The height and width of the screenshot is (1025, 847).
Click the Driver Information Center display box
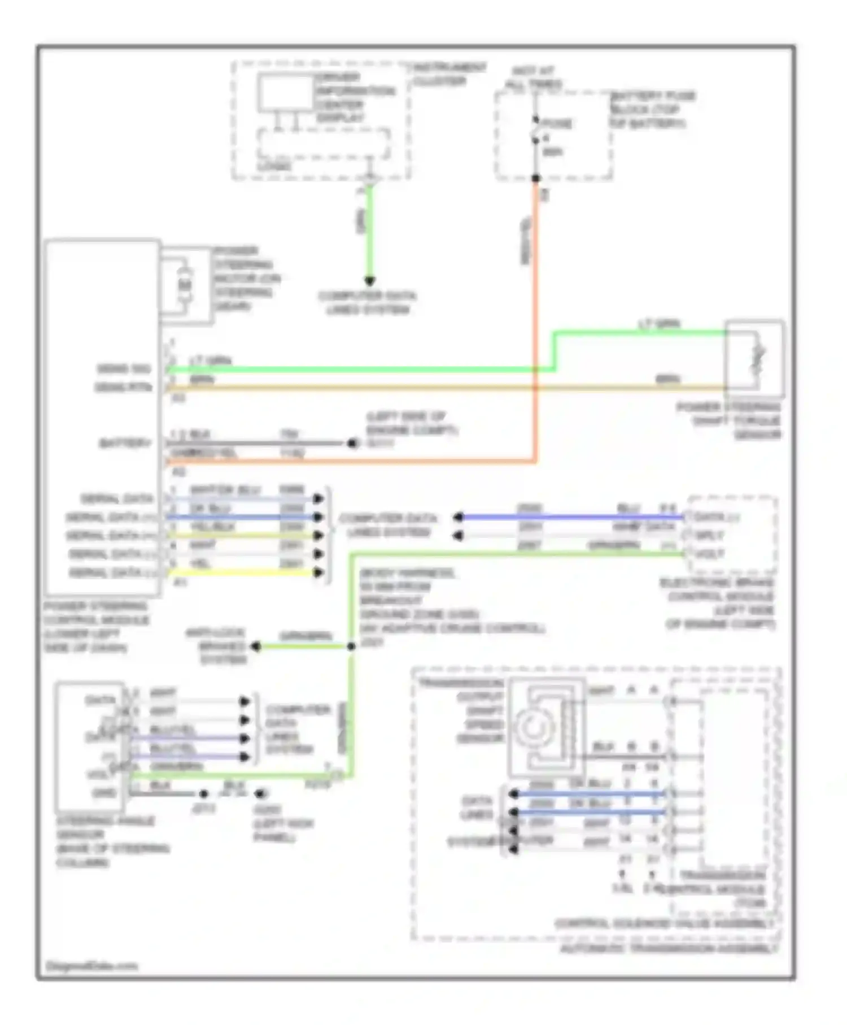[286, 93]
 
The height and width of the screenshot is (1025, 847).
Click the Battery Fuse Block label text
[652, 110]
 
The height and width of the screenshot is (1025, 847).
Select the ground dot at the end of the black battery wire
[352, 444]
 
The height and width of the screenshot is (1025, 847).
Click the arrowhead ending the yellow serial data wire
[318, 572]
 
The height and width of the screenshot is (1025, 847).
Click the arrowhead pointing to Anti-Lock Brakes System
[255, 646]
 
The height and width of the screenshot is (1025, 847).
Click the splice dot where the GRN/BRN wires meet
[351, 646]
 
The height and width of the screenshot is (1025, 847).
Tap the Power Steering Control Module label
[96, 627]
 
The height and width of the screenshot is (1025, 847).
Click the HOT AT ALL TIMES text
[534, 78]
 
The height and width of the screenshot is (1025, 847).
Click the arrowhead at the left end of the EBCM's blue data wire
[459, 517]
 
